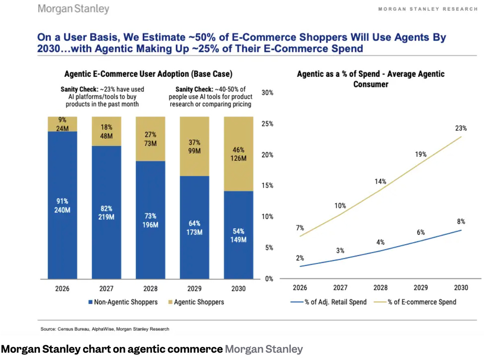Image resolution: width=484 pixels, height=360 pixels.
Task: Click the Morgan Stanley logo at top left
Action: pyautogui.click(x=73, y=9)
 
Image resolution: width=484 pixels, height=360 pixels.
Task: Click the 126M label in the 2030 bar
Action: pyautogui.click(x=238, y=158)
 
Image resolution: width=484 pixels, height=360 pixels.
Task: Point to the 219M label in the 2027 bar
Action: pyautogui.click(x=106, y=217)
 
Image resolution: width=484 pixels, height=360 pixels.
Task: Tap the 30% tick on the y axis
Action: pyautogui.click(x=267, y=93)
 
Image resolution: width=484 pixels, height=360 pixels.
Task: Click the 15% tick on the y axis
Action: pyautogui.click(x=267, y=186)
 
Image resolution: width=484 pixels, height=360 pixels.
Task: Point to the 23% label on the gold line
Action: pyautogui.click(x=461, y=128)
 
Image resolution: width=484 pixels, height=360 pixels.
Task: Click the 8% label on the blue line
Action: pyautogui.click(x=461, y=221)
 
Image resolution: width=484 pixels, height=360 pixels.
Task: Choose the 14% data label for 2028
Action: pyautogui.click(x=380, y=182)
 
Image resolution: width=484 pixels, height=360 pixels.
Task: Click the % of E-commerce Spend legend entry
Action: pyautogui.click(x=419, y=302)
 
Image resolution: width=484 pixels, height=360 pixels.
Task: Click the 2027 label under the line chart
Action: pyautogui.click(x=340, y=288)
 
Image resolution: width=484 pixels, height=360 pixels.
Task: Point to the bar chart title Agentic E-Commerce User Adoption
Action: pyautogui.click(x=148, y=74)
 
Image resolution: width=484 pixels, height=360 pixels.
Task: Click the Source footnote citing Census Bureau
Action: pyautogui.click(x=105, y=329)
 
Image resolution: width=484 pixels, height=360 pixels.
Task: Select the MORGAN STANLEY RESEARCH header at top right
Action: pyautogui.click(x=428, y=9)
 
